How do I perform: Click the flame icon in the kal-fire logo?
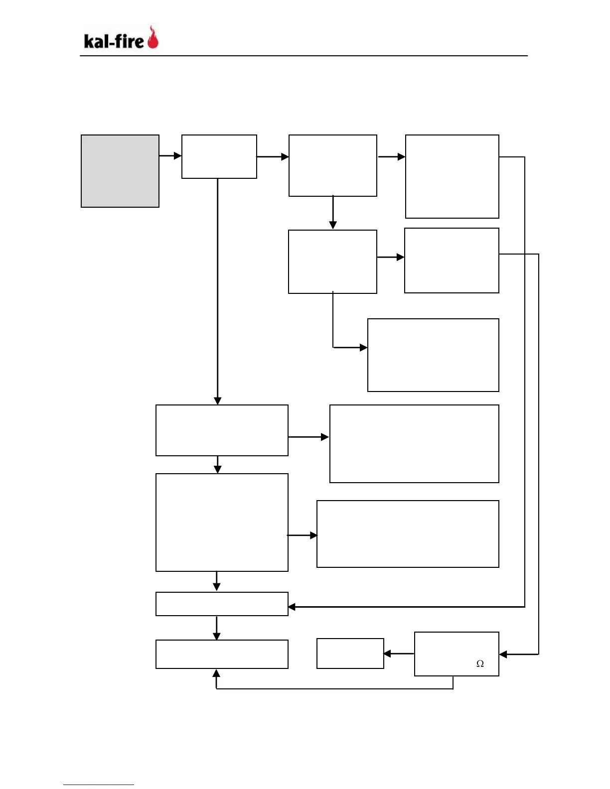coord(153,38)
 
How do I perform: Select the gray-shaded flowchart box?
coord(120,171)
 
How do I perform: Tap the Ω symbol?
coord(480,663)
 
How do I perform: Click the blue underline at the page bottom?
coord(98,785)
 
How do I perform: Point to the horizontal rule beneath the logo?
coord(304,56)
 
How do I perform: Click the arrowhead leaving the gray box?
coord(178,156)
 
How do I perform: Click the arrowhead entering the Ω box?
coord(503,655)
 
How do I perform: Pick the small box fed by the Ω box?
coord(350,654)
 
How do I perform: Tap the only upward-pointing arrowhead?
coord(216,673)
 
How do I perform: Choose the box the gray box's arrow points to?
coord(219,156)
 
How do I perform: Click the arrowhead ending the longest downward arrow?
coord(217,401)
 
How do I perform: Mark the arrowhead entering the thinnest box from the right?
coord(292,607)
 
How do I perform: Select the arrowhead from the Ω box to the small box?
coord(387,654)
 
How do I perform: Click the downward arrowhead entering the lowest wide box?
coord(216,636)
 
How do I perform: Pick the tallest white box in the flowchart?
coord(222,523)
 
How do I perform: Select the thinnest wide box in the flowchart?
coord(222,604)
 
